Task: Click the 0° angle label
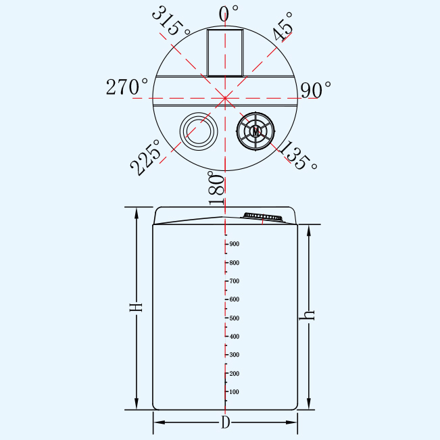pos(228,14)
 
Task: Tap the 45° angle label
pos(283,26)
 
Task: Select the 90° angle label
pos(316,90)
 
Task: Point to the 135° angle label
pos(299,155)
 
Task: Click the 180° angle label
pos(216,188)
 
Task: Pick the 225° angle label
pos(145,157)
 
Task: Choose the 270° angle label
pos(126,87)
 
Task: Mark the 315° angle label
pos(171,21)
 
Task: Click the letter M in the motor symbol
pos(255,131)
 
